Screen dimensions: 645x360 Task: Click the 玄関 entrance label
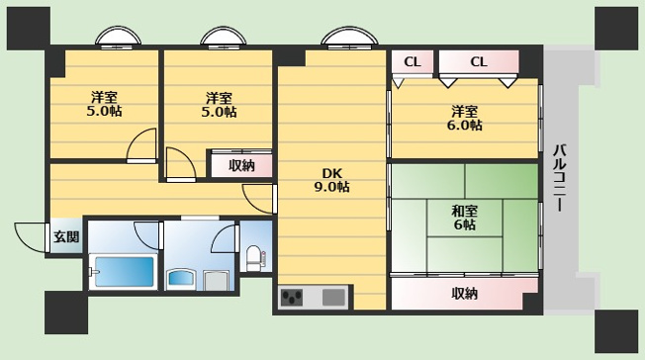click(66, 237)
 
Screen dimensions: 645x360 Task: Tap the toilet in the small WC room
click(253, 258)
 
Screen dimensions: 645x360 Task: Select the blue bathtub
click(124, 272)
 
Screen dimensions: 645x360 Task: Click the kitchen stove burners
click(292, 297)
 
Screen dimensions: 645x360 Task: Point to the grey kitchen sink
click(333, 297)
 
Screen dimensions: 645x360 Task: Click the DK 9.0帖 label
click(332, 180)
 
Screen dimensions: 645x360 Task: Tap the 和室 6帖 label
click(464, 218)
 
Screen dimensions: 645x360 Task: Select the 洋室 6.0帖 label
click(465, 118)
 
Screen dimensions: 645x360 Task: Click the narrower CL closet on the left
click(413, 62)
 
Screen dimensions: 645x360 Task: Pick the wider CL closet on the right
click(479, 62)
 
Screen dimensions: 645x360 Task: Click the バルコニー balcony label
click(560, 178)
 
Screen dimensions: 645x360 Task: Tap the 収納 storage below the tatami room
click(464, 294)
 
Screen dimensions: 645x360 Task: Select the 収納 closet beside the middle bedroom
click(241, 166)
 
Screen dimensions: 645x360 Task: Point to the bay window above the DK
click(349, 36)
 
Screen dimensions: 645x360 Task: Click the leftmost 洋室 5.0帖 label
click(104, 105)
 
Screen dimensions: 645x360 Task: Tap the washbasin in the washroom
click(181, 278)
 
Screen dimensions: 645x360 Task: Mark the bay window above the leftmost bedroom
click(118, 36)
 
